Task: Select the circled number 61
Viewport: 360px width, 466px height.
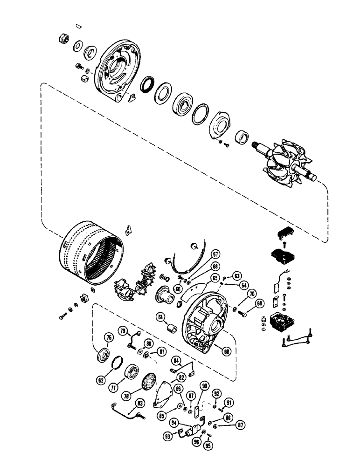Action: tap(160, 318)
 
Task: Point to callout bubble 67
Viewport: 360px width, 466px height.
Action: tap(215, 254)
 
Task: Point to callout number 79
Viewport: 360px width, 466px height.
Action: tap(124, 331)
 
